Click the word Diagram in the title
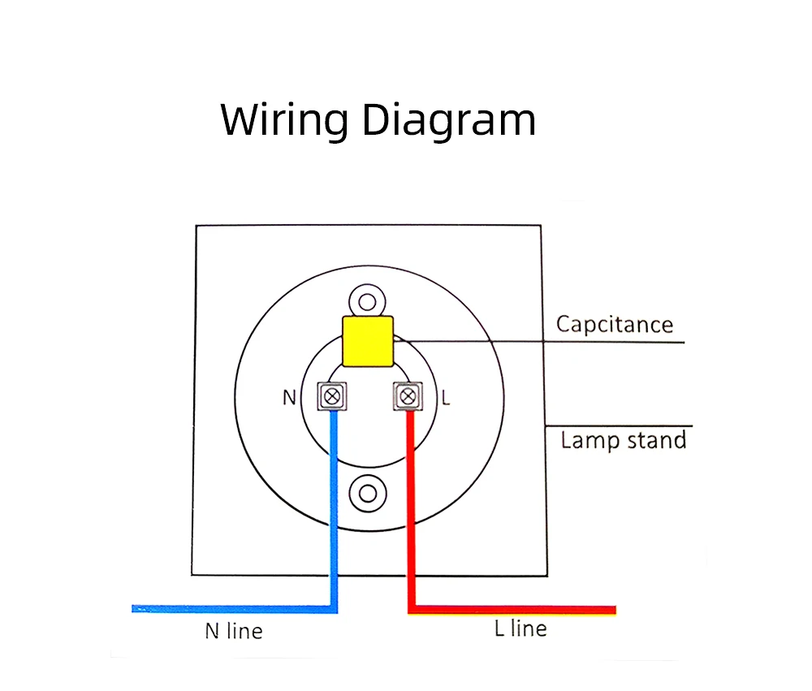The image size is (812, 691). point(448,121)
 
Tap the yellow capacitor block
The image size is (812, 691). point(368,341)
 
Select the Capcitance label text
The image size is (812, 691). point(615,325)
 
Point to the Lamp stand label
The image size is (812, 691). point(624,441)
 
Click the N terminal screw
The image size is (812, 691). point(331,396)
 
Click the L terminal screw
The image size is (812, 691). point(407,396)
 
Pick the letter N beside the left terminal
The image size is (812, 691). point(289,398)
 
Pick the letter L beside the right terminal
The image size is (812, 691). point(446,398)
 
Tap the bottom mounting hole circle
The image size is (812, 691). point(368,493)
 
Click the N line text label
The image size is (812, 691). point(234,630)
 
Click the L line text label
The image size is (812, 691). point(520,628)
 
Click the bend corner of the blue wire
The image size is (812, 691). point(333,607)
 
